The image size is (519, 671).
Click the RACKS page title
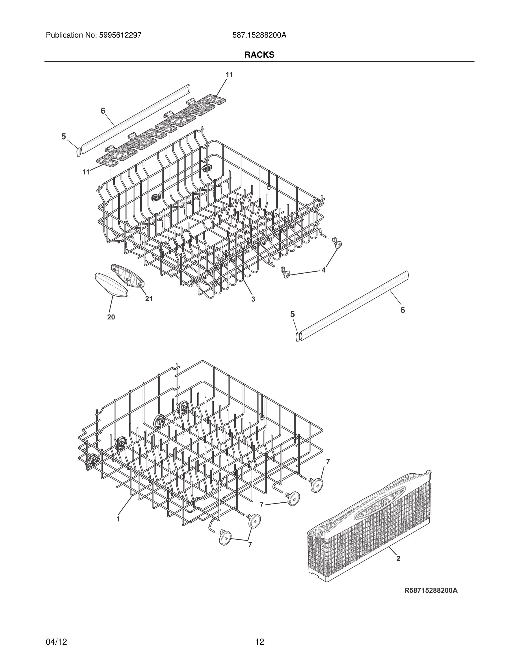(259, 55)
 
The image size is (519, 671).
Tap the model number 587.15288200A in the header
(259, 35)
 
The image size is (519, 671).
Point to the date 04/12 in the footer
(56, 642)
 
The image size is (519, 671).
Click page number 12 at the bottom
(259, 642)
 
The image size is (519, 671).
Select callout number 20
(111, 317)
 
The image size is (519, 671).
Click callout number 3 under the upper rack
(253, 299)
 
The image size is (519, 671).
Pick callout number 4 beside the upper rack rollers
(323, 270)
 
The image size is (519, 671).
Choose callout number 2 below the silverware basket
(398, 559)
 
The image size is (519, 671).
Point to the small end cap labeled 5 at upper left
(78, 151)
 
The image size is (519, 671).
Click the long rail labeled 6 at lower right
(354, 304)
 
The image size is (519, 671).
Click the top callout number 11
(229, 75)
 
